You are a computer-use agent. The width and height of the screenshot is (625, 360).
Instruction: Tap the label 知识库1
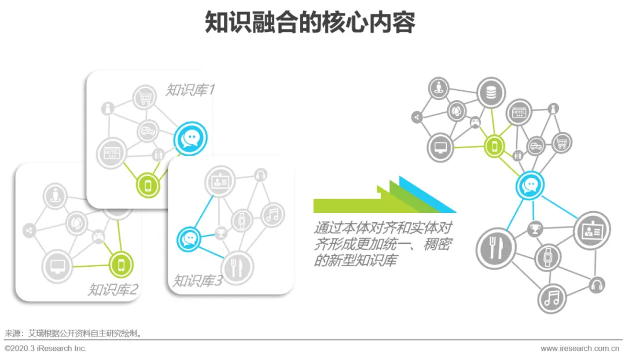point(190,90)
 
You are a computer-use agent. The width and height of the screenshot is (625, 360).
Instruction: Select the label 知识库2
point(113,289)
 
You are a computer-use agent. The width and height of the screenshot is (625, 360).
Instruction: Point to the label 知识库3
point(197,281)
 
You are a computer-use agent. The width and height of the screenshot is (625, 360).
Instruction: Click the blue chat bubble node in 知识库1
point(189,138)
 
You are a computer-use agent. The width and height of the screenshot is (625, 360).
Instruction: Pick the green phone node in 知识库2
point(121,265)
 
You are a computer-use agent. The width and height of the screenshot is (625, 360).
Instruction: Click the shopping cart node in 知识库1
point(145,98)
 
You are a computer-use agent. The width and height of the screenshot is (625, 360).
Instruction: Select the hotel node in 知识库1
point(111,153)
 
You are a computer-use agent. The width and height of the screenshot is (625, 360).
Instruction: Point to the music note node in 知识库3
point(273,215)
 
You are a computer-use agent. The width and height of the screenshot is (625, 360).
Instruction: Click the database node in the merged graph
point(491,92)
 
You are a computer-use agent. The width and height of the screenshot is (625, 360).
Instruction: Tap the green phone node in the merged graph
point(494,146)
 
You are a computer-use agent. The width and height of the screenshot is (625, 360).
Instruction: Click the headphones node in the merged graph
point(597,284)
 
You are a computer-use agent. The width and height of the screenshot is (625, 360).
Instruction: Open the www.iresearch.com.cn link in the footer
point(580,348)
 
